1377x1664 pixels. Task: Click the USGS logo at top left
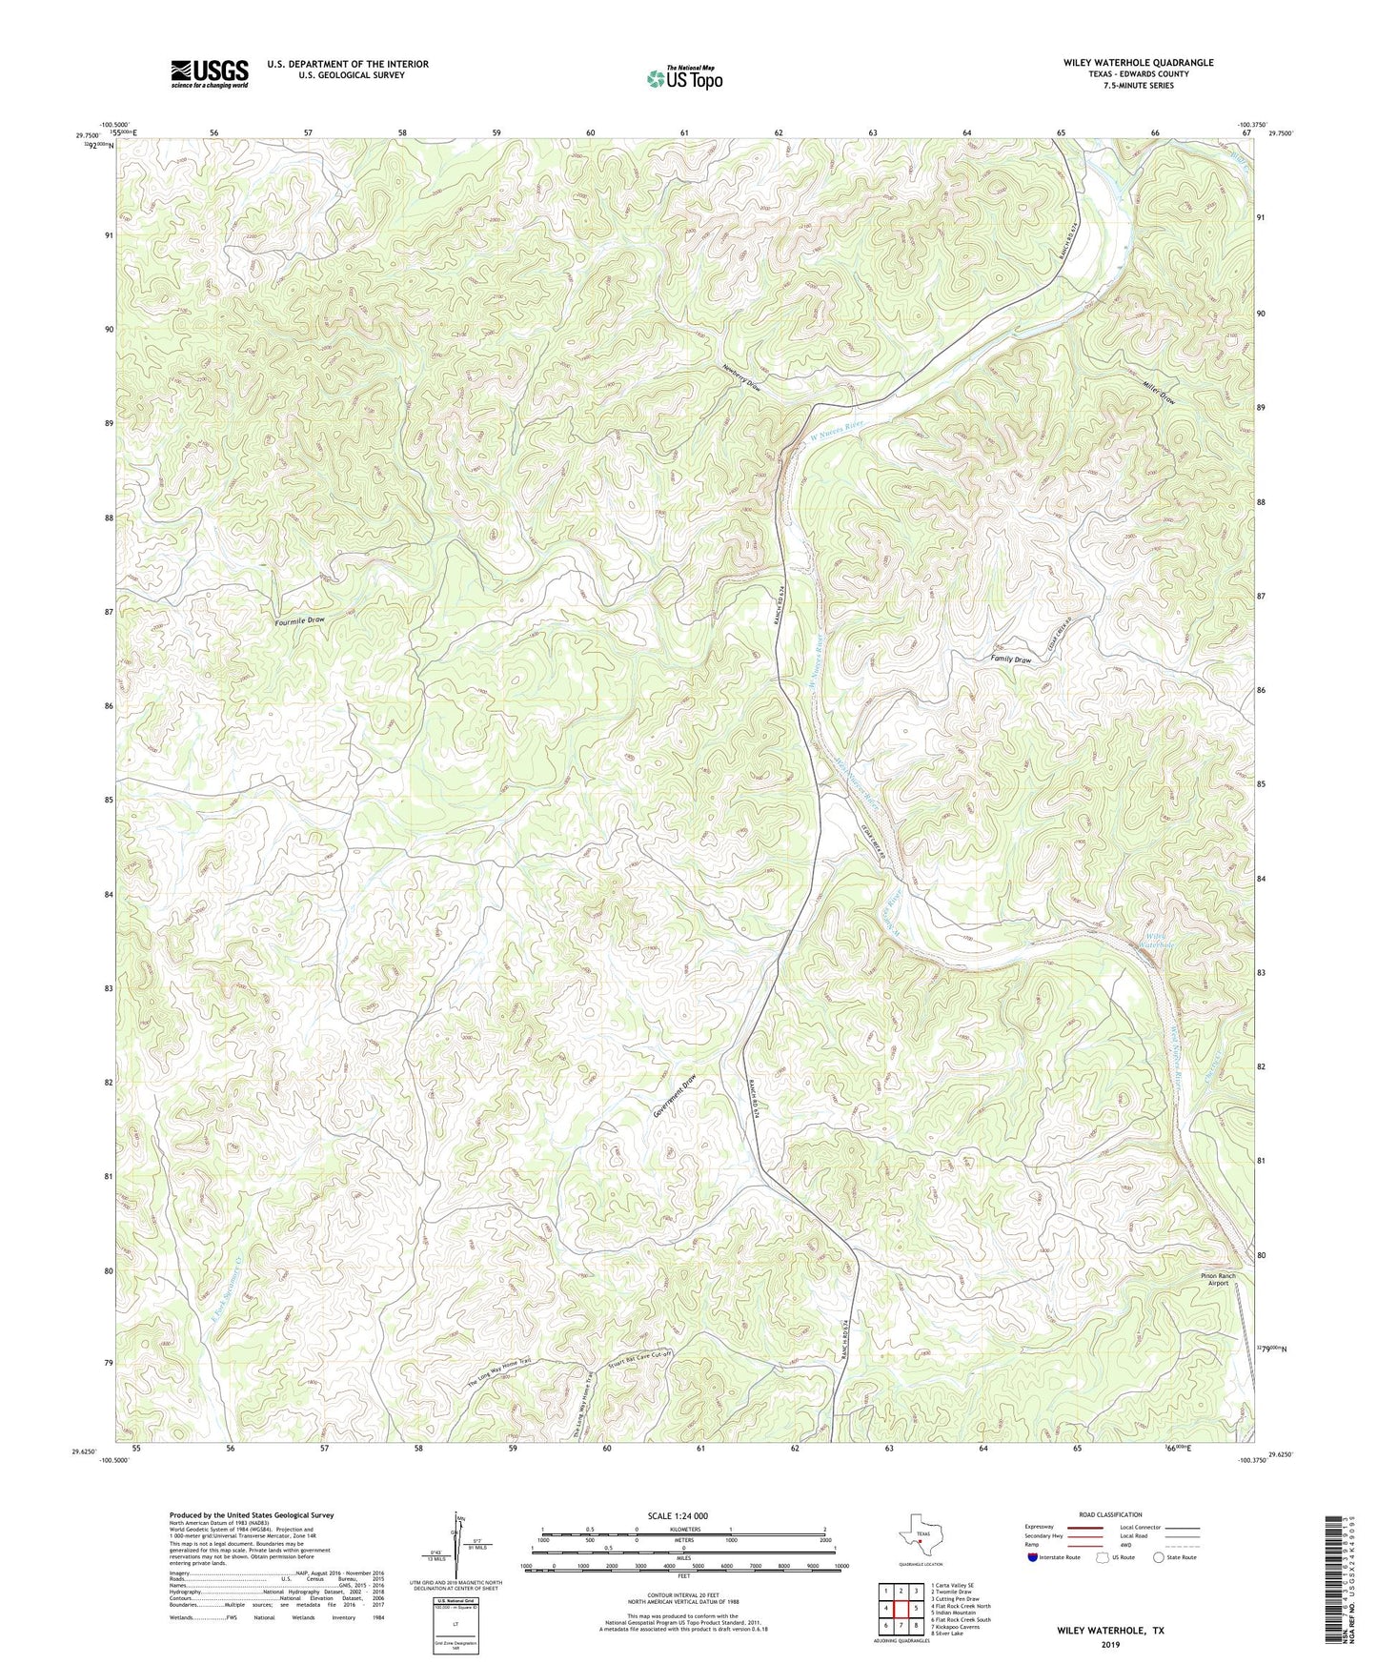coord(210,72)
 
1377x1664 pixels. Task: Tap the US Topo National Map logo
coord(682,78)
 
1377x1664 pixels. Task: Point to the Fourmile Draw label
coord(300,620)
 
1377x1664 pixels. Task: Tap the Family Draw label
coord(1010,660)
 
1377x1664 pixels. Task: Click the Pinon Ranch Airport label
coord(1221,1280)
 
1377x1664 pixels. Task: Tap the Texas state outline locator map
coord(919,1538)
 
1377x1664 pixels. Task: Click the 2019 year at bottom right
coord(1109,1645)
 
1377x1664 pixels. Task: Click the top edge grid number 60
coord(591,132)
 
